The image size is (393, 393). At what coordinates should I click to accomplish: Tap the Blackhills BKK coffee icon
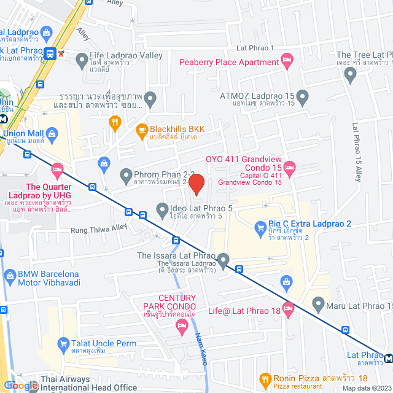(x=141, y=130)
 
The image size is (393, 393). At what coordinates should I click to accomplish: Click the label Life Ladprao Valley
(x=126, y=55)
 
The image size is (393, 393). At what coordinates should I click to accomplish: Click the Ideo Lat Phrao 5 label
(x=202, y=209)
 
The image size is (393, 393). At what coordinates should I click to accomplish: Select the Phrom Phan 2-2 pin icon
(x=126, y=176)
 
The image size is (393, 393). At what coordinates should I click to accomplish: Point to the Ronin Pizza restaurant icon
(x=265, y=378)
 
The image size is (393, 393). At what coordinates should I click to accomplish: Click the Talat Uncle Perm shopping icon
(x=63, y=343)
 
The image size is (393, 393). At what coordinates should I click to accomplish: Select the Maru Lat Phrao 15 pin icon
(x=318, y=303)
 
